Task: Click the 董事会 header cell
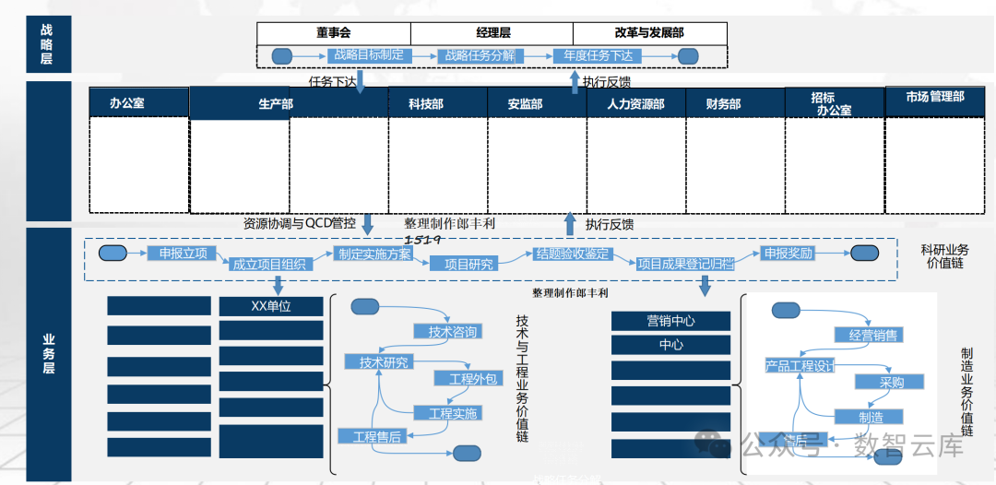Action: [333, 33]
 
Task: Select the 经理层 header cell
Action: [492, 33]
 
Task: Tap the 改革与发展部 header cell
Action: [649, 33]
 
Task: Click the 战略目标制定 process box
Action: [368, 55]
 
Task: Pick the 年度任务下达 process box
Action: [598, 55]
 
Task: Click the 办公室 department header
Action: [127, 103]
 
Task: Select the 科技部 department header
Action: [425, 104]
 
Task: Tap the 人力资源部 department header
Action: [635, 104]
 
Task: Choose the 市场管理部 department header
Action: [935, 97]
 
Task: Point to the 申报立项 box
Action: [183, 254]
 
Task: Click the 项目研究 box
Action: [468, 265]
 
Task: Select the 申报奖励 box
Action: [788, 254]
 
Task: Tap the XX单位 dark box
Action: [271, 306]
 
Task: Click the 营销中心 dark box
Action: [670, 321]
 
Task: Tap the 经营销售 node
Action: [866, 335]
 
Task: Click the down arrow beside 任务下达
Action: [360, 82]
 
